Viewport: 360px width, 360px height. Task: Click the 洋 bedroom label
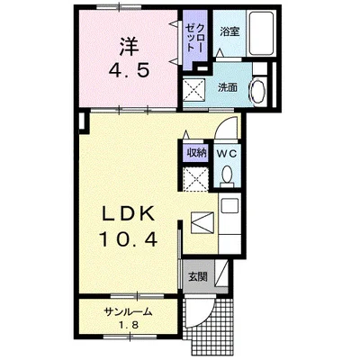coord(130,45)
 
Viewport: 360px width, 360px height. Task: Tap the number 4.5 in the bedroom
coord(130,71)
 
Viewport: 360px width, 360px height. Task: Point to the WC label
coord(225,153)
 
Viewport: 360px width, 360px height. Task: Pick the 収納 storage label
coord(195,153)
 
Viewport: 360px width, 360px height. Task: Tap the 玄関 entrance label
coord(197,276)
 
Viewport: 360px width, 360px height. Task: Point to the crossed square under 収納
coord(195,177)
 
